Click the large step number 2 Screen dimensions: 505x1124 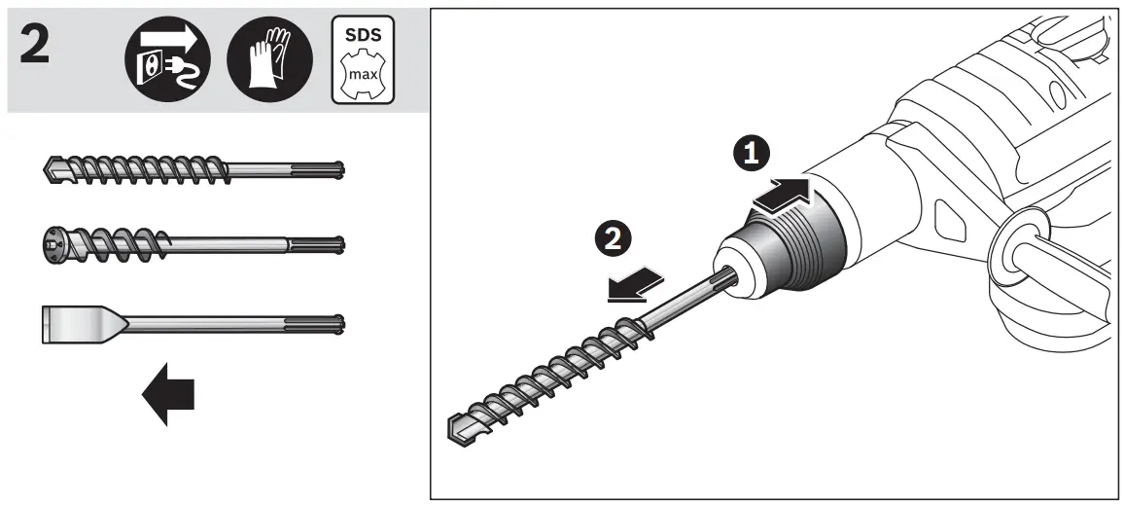(x=36, y=47)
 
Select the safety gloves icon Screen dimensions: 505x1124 (x=269, y=60)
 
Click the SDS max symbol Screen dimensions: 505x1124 (x=364, y=60)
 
